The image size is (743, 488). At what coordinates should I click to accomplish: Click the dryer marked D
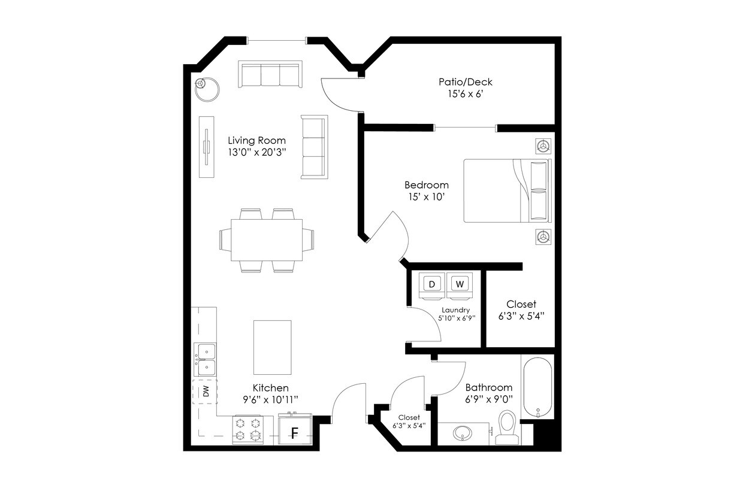pos(432,284)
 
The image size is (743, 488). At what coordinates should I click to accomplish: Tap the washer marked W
pos(460,284)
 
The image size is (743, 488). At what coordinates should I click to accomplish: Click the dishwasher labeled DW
pos(205,392)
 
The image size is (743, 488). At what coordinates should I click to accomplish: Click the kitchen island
pos(273,347)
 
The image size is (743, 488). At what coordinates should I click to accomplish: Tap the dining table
pos(267,240)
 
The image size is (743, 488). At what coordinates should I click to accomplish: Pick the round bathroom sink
pos(463,432)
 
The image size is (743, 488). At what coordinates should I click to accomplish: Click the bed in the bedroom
pos(506,190)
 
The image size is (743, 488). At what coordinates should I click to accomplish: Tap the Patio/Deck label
pos(466,82)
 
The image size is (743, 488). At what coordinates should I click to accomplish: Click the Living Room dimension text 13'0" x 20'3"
pos(256,152)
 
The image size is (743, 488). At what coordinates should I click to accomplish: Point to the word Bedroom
pos(426,185)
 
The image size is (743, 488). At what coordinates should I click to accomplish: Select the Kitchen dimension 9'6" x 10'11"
pos(270,399)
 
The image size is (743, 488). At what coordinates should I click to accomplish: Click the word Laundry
pos(455,310)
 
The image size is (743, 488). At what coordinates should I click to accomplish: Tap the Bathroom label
pos(488,387)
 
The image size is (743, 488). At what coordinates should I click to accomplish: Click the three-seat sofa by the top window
pos(270,74)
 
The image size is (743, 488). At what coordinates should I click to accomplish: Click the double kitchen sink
pos(204,359)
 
